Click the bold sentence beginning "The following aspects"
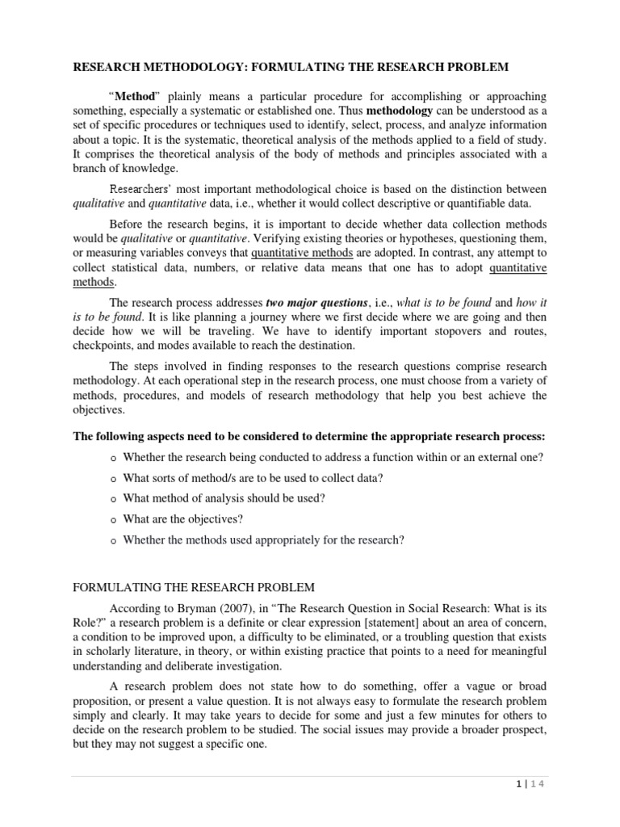click(x=309, y=436)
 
